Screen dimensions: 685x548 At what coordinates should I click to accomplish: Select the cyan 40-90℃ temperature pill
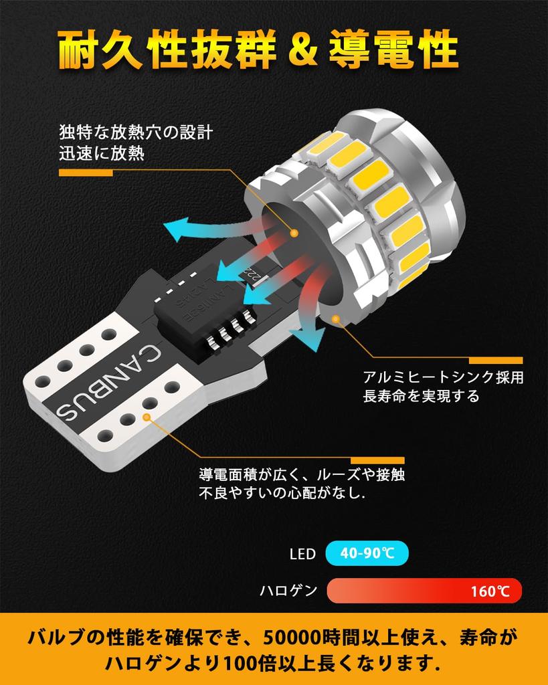coord(366,554)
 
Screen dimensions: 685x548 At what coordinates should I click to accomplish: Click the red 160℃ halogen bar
coord(424,591)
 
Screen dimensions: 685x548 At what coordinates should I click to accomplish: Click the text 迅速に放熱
coord(101,154)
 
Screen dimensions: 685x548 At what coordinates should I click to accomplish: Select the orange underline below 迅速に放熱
coord(86,173)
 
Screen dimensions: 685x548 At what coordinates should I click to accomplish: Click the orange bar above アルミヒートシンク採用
coord(496,360)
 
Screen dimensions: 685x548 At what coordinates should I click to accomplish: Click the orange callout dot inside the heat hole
coord(294,232)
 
